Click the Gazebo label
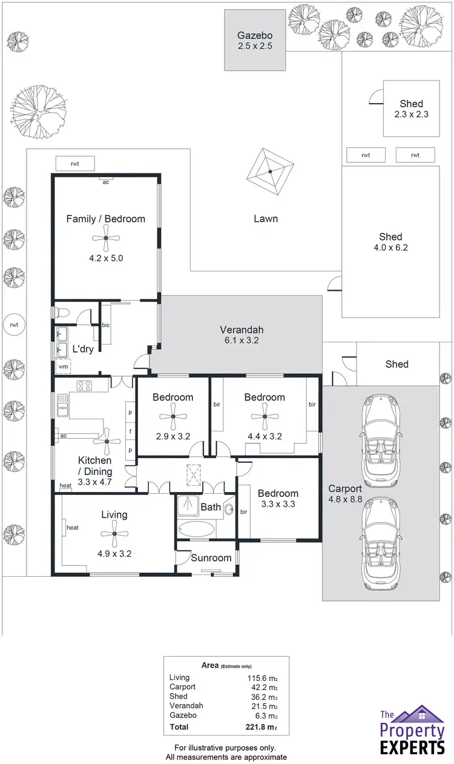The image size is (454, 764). tap(254, 35)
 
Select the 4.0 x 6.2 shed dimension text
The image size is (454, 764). tap(390, 247)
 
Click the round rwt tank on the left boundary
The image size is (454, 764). tap(13, 325)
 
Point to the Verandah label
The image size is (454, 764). tap(242, 330)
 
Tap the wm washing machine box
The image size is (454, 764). tap(64, 366)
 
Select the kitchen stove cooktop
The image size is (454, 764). tap(84, 385)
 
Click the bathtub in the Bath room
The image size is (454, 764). tap(195, 529)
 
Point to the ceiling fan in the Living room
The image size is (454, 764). tap(114, 534)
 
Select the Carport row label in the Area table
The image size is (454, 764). tap(183, 687)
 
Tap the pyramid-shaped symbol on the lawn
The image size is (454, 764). tap(270, 171)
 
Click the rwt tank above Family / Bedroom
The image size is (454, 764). tap(75, 163)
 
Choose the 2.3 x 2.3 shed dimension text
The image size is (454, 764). tap(411, 114)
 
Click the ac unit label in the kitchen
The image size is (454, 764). tap(64, 435)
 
